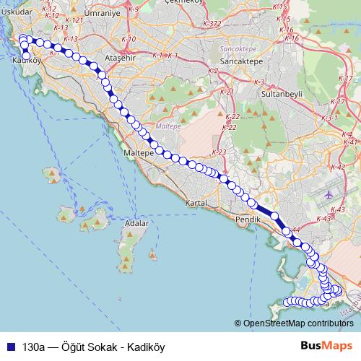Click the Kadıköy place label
tap(25, 61)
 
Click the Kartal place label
tap(197, 204)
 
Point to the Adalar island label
tap(136, 225)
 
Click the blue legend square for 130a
tap(9, 346)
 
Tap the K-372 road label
tap(212, 24)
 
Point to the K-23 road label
tap(220, 152)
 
